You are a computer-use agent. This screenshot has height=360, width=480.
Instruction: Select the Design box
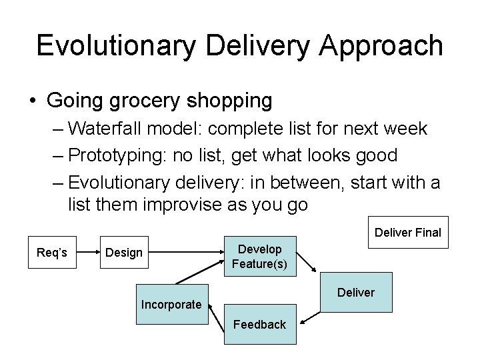click(x=124, y=253)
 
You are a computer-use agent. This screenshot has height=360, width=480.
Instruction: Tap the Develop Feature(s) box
click(x=259, y=257)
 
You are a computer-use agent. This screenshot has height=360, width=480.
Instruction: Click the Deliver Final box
click(x=407, y=233)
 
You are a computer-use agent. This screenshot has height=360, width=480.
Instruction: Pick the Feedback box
click(x=259, y=325)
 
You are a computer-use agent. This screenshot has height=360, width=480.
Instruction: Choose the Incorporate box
click(x=171, y=305)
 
